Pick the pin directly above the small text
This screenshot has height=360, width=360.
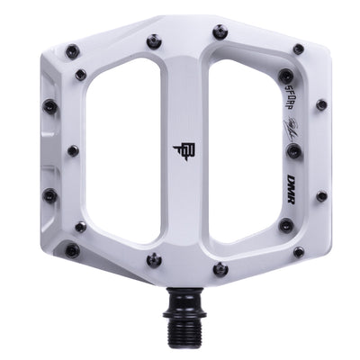pos(285,76)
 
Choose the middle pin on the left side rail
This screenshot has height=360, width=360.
pos(72,150)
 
